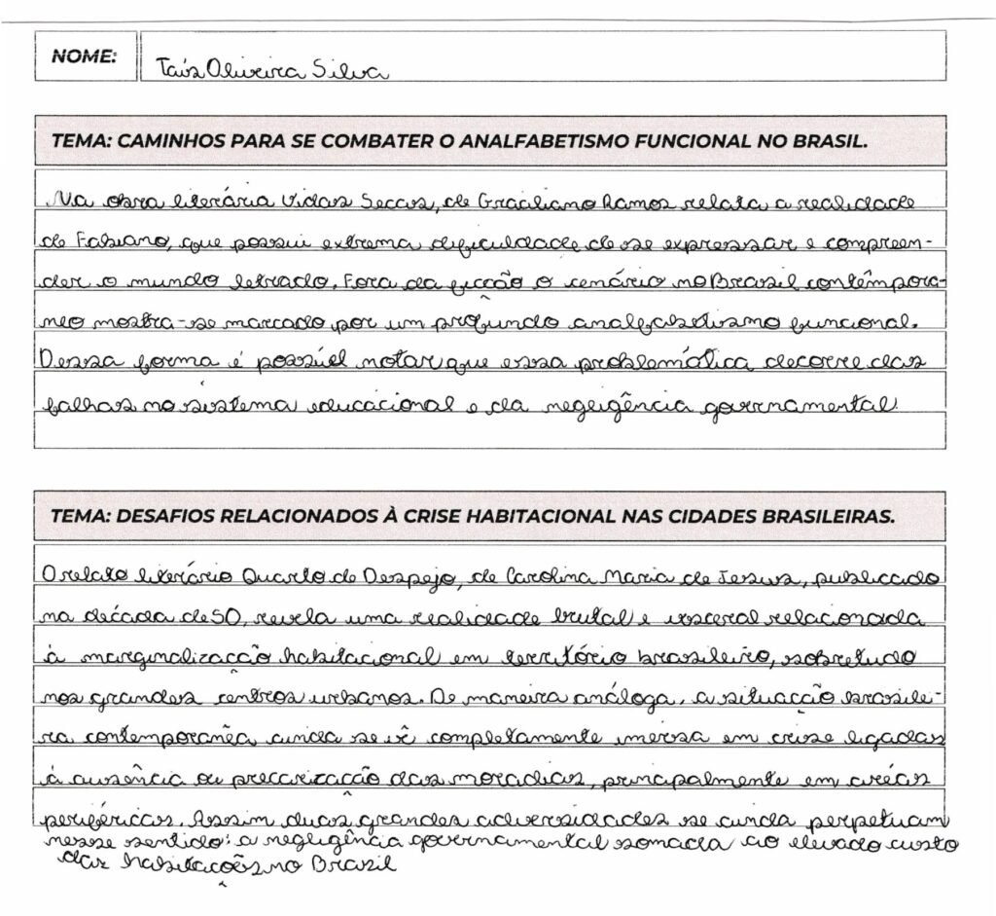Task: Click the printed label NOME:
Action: click(84, 55)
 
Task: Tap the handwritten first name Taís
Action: click(175, 71)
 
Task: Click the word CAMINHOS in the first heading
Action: click(169, 140)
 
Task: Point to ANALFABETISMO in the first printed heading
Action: click(545, 140)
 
